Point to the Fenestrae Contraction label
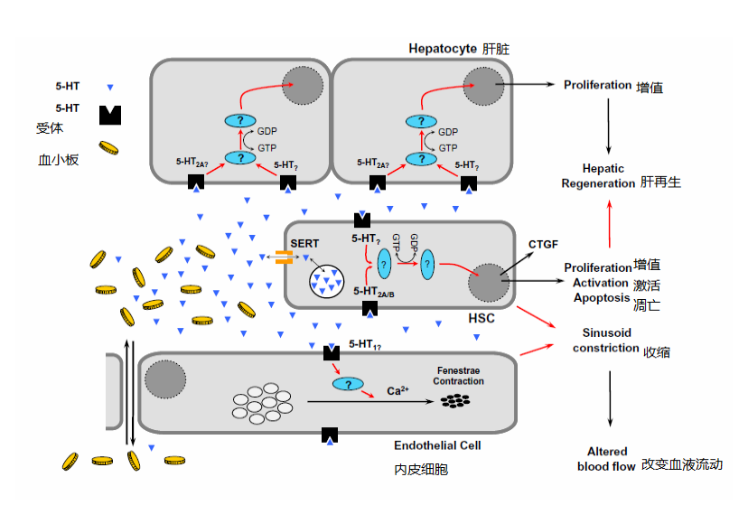pyautogui.click(x=459, y=376)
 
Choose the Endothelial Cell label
pyautogui.click(x=437, y=444)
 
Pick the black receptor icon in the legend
pyautogui.click(x=110, y=115)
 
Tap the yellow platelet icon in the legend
pyautogui.click(x=109, y=147)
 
